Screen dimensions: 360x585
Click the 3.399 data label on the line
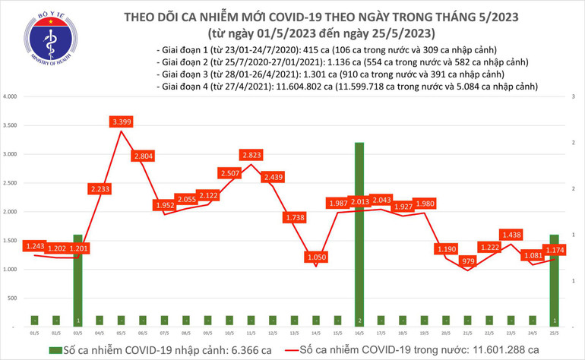pyautogui.click(x=121, y=122)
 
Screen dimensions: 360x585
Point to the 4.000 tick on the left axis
pyautogui.click(x=10, y=97)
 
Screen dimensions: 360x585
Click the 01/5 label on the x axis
pyautogui.click(x=34, y=331)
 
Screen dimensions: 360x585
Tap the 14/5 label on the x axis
pyautogui.click(x=315, y=331)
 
